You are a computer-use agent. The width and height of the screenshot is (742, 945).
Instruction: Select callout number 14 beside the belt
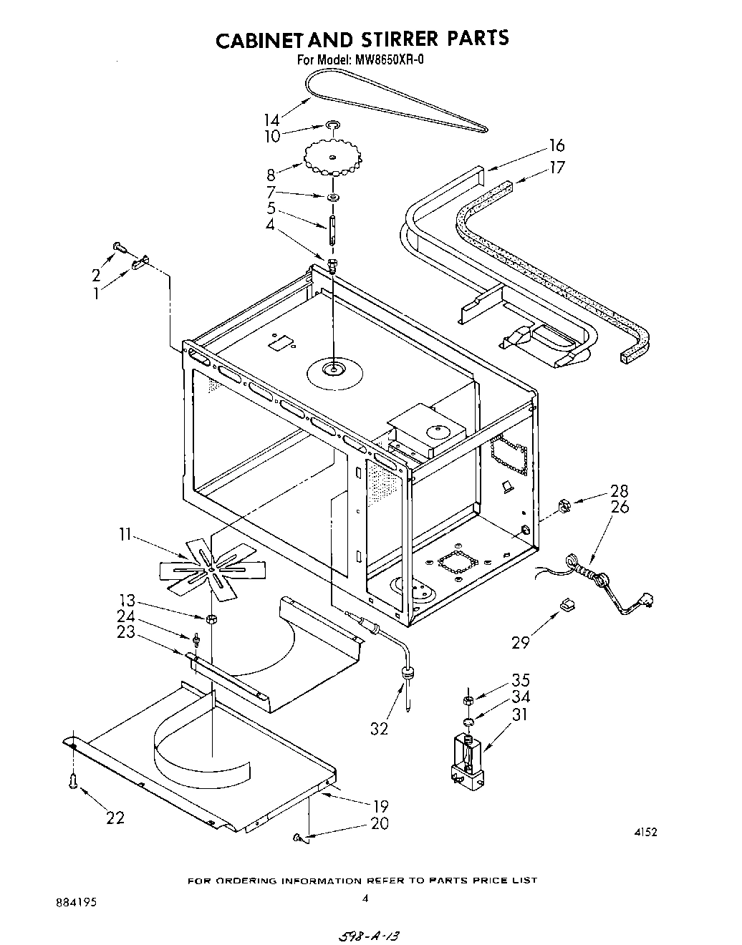[x=271, y=120]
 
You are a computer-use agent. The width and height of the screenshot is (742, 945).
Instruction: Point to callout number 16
[x=556, y=146]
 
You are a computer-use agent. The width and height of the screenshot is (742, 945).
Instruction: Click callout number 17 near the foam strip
[x=556, y=168]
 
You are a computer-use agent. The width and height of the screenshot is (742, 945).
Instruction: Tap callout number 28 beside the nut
[x=619, y=491]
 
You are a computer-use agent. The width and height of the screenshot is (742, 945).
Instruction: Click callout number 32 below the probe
[x=379, y=729]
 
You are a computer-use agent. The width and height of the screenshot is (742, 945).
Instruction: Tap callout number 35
[x=520, y=679]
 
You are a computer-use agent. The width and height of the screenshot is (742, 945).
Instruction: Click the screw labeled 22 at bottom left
[x=72, y=782]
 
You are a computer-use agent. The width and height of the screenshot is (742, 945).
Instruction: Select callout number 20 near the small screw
[x=380, y=824]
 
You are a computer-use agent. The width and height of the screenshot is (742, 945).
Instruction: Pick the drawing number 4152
[x=645, y=832]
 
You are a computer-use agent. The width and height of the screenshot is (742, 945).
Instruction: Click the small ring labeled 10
[x=332, y=126]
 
